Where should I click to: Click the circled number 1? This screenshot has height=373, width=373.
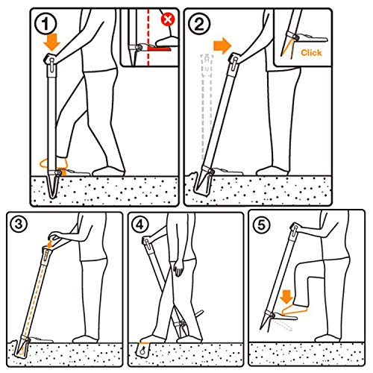pyautogui.click(x=46, y=25)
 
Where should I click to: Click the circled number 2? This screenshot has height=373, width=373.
pyautogui.click(x=200, y=25)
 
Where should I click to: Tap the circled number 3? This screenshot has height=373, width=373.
pyautogui.click(x=19, y=224)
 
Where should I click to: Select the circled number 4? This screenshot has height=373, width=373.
pyautogui.click(x=140, y=225)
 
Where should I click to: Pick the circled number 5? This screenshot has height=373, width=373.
pyautogui.click(x=261, y=225)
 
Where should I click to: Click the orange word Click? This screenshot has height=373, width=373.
pyautogui.click(x=311, y=53)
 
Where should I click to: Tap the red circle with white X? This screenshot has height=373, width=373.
pyautogui.click(x=168, y=19)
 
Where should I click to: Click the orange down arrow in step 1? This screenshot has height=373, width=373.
pyautogui.click(x=51, y=42)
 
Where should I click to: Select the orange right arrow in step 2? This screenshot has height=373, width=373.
pyautogui.click(x=222, y=46)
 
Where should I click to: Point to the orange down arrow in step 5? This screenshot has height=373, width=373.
pyautogui.click(x=286, y=297)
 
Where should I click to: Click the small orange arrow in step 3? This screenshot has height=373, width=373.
pyautogui.click(x=50, y=244)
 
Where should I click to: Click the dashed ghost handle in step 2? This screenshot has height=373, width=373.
pyautogui.click(x=207, y=107)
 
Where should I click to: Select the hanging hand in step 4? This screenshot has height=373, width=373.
pyautogui.click(x=178, y=268)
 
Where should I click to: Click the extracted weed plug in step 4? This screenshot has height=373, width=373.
pyautogui.click(x=142, y=349)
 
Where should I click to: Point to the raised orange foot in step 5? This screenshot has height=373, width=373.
pyautogui.click(x=294, y=309)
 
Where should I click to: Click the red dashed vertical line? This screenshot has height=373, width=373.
pyautogui.click(x=148, y=38)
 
